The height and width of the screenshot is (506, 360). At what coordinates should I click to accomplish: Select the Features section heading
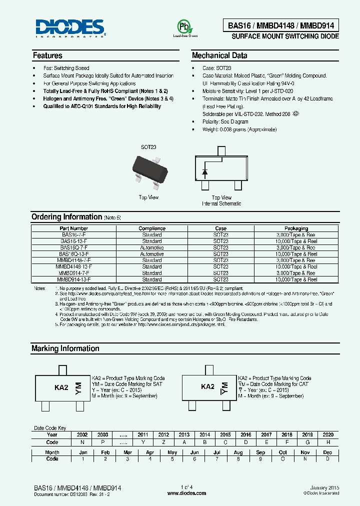click(x=47, y=55)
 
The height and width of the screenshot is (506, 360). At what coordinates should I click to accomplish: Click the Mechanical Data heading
click(x=219, y=55)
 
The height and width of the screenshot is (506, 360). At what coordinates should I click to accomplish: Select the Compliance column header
click(x=152, y=228)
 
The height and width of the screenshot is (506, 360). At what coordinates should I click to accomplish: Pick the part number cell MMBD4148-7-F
click(x=74, y=260)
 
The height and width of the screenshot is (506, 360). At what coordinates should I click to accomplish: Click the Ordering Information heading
click(x=66, y=217)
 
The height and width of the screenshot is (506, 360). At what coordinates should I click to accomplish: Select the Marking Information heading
click(x=65, y=348)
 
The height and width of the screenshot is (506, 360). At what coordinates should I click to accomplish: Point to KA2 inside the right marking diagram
click(x=207, y=386)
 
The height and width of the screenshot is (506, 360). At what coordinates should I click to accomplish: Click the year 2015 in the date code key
click(x=225, y=435)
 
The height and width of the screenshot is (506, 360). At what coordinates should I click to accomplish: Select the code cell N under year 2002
click(x=82, y=442)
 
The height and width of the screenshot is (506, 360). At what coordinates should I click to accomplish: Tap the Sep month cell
click(x=260, y=452)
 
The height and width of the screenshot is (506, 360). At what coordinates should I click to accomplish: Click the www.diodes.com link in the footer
click(x=186, y=493)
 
